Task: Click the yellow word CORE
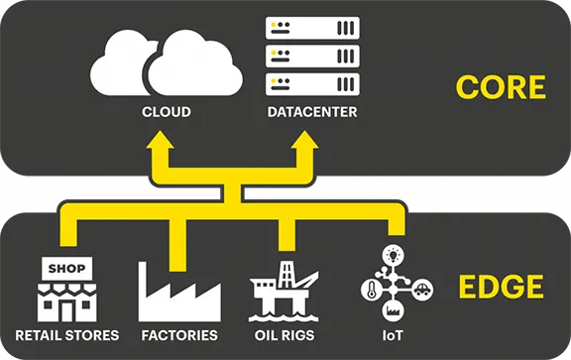[x=501, y=86]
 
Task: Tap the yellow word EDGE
[x=501, y=288]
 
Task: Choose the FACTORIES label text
[x=179, y=336]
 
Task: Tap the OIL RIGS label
[x=286, y=336]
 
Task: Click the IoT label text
[x=394, y=336]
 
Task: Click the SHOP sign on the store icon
[x=66, y=269]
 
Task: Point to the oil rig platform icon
[x=285, y=291]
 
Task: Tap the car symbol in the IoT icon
[x=420, y=289]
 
